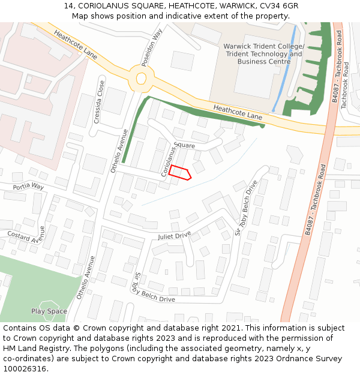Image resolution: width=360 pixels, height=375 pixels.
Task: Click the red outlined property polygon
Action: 180,173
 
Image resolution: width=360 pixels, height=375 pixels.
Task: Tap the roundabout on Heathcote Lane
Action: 142,78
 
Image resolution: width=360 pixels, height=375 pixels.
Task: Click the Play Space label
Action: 49,311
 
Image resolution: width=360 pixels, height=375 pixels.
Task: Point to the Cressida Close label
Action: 100,103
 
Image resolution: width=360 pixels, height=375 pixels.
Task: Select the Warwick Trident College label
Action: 264,47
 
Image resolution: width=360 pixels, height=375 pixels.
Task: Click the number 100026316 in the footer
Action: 23,369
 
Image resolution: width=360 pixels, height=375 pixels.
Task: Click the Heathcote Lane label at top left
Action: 76,44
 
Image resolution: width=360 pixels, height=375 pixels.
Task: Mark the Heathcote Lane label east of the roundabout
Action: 238,112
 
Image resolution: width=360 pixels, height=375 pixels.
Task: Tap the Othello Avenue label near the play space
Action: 86,278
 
